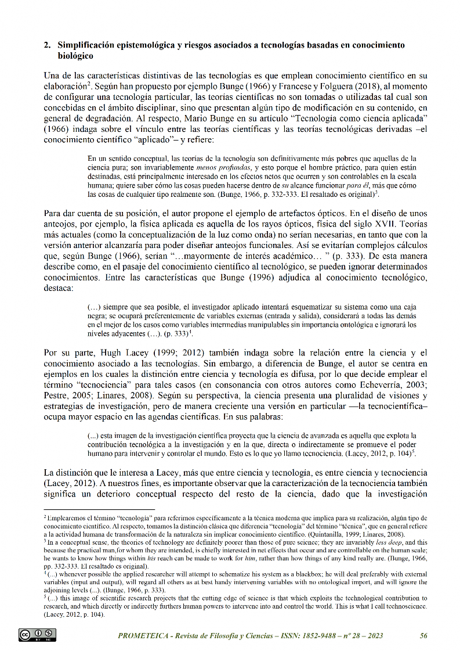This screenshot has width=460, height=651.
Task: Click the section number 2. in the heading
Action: (47, 45)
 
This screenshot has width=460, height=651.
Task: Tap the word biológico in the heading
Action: (75, 56)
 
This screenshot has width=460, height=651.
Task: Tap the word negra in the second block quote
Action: (98, 315)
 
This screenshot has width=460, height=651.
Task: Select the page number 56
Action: (423, 636)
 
